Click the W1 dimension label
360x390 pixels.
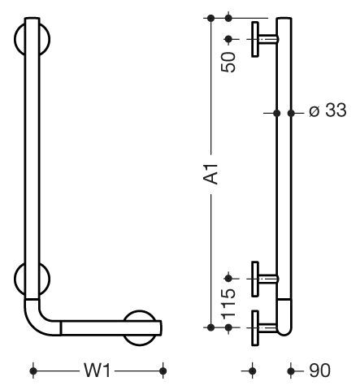pyautogui.click(x=97, y=370)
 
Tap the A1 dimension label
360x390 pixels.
pyautogui.click(x=210, y=174)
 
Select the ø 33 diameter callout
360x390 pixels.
pyautogui.click(x=327, y=110)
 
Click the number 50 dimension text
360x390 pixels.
pyautogui.click(x=228, y=62)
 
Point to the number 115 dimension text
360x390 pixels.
pyautogui.click(x=228, y=304)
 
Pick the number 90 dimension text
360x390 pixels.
pyautogui.click(x=319, y=370)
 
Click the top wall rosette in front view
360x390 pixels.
pyautogui.click(x=32, y=40)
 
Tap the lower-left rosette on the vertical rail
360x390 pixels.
pyautogui.click(x=32, y=279)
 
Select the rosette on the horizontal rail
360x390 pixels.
pyautogui.click(x=141, y=328)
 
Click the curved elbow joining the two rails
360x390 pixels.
pyautogui.click(x=38, y=322)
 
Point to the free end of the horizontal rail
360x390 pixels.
pyautogui.click(x=161, y=328)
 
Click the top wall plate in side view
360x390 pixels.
pyautogui.click(x=255, y=40)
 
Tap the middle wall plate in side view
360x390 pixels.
pyautogui.click(x=255, y=279)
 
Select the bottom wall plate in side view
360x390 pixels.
pyautogui.click(x=255, y=328)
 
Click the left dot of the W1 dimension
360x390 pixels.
pyautogui.click(x=33, y=370)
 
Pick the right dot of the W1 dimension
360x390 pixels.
pyautogui.click(x=163, y=370)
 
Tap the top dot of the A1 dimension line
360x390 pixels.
pyautogui.click(x=210, y=18)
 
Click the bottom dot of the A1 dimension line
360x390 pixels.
pyautogui.click(x=210, y=327)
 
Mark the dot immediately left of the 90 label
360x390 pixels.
pyautogui.click(x=291, y=370)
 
